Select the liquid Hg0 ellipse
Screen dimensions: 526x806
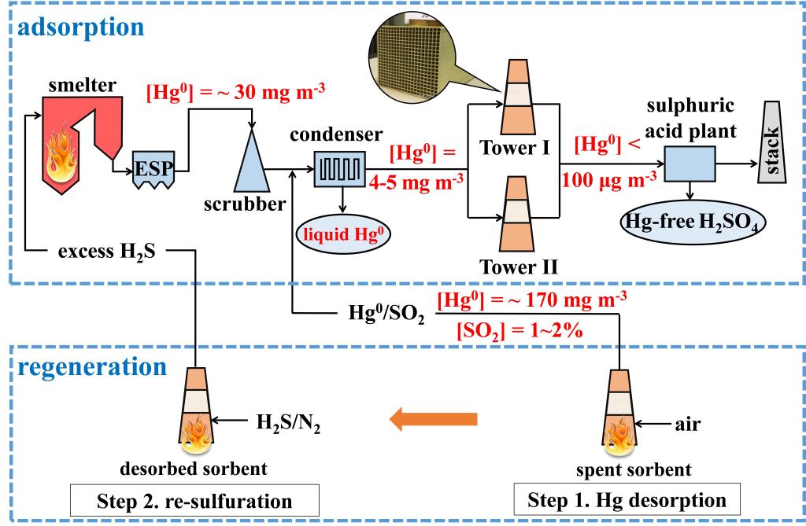(343, 234)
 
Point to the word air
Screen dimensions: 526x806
(687, 425)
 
